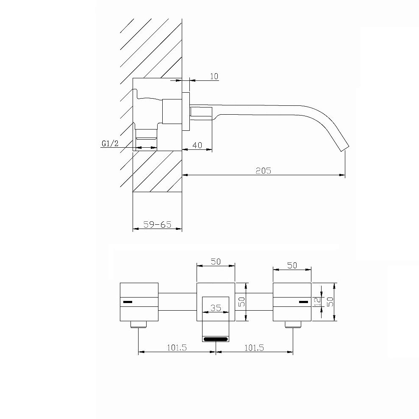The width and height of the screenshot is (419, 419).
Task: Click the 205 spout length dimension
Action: click(x=263, y=171)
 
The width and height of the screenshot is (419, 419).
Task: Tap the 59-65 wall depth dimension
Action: click(x=157, y=224)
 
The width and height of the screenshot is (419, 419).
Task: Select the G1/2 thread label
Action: click(x=110, y=143)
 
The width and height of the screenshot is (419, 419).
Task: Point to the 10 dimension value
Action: click(x=214, y=76)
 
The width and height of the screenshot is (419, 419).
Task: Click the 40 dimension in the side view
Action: click(x=197, y=145)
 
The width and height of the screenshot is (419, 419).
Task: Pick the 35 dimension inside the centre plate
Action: click(x=216, y=308)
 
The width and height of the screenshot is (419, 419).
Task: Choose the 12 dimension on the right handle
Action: click(x=318, y=302)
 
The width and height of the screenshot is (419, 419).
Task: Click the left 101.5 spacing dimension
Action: click(x=177, y=347)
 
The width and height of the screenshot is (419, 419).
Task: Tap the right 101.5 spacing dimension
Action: click(x=254, y=347)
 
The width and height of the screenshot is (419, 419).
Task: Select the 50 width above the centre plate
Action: click(x=216, y=261)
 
